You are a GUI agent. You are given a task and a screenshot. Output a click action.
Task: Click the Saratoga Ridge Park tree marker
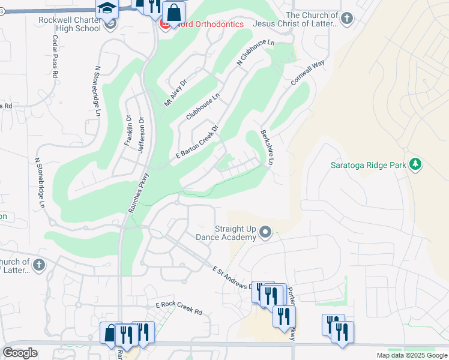tap(415, 164)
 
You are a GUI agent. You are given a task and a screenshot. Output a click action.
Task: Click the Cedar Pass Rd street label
tap(55, 58)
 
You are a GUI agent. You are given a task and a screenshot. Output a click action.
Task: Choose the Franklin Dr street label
tap(127, 130)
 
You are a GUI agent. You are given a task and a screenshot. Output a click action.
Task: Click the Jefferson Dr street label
tap(142, 134)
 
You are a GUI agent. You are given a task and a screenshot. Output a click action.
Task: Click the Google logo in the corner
tap(20, 352)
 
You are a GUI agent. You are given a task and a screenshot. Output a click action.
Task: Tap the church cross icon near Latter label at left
tap(38, 265)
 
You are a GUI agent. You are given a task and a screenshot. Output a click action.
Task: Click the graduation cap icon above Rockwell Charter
tap(106, 7)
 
